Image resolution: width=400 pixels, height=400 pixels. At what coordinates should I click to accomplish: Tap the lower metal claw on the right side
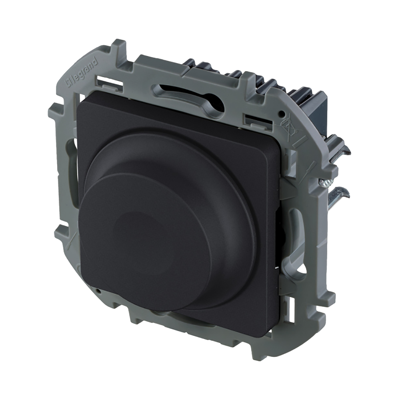339,193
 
